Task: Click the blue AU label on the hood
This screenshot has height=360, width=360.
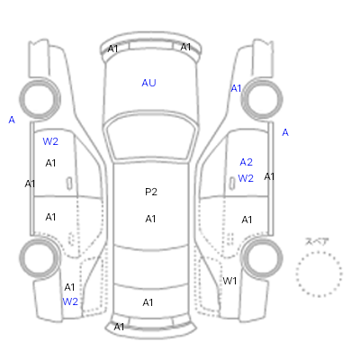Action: [148, 83]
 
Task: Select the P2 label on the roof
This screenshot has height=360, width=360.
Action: [151, 192]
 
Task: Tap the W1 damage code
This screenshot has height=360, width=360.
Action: [229, 281]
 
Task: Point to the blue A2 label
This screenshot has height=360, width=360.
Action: [246, 162]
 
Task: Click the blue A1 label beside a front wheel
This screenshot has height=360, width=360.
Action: [236, 88]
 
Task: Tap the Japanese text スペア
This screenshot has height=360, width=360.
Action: [317, 241]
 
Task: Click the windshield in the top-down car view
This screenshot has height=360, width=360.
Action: [151, 137]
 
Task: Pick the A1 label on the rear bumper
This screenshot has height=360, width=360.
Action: [119, 327]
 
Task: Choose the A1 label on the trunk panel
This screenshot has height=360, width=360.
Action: [148, 302]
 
